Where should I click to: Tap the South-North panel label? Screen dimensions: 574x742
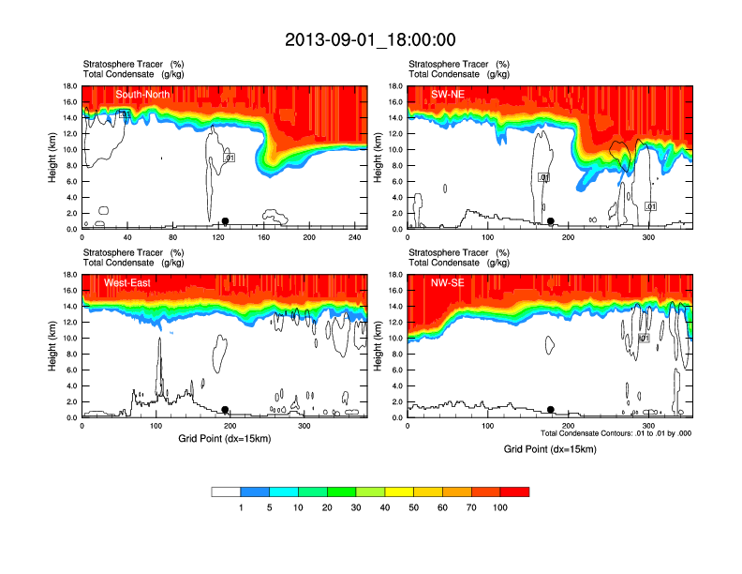142,95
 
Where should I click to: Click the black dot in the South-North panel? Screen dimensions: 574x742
225,221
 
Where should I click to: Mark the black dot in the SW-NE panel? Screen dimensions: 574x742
551,221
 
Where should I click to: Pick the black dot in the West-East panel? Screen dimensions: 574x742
225,410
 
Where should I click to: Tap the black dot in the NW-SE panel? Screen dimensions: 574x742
551,409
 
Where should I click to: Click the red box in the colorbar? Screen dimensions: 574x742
514,491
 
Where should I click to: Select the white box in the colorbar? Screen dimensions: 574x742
226,491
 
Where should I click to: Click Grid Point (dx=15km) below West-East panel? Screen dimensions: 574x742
225,438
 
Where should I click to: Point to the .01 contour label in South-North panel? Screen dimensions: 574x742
229,158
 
